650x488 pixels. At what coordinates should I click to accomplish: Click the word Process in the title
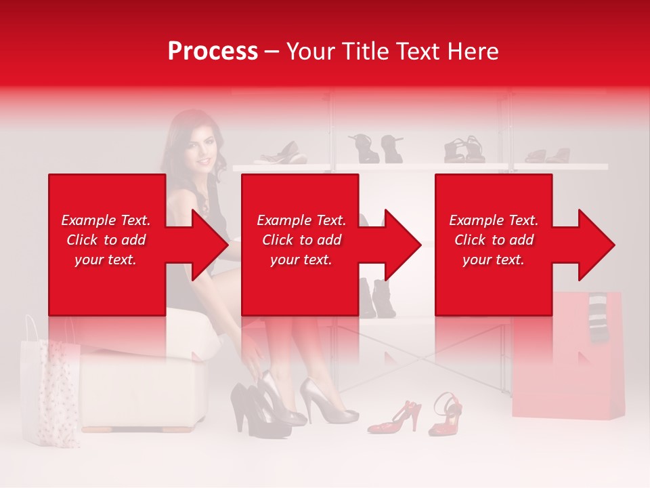pyautogui.click(x=213, y=52)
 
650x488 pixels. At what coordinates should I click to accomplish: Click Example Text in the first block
pyautogui.click(x=106, y=220)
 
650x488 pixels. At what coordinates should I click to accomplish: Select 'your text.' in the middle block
pyautogui.click(x=301, y=260)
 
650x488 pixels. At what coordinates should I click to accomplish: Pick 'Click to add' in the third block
pyautogui.click(x=494, y=240)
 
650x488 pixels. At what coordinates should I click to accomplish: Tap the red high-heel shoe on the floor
pyautogui.click(x=396, y=417)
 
